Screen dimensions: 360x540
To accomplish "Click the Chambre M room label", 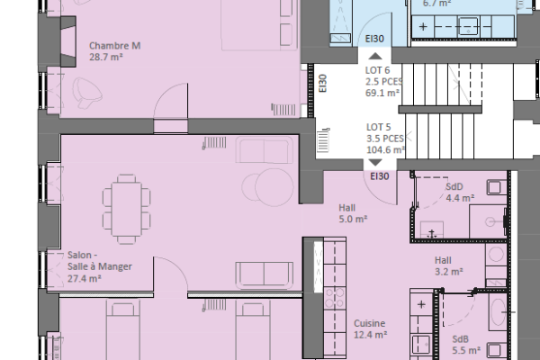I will [115, 46].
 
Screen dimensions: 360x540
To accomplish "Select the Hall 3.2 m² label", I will [447, 265].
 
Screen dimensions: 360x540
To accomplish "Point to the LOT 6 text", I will [378, 69].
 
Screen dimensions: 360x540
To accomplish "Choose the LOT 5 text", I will [378, 127].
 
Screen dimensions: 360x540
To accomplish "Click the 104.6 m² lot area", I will [382, 150].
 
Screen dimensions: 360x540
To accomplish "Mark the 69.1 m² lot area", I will [382, 92].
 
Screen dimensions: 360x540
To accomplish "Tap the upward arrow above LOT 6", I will [373, 56].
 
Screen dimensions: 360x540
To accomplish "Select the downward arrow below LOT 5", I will [373, 163].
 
